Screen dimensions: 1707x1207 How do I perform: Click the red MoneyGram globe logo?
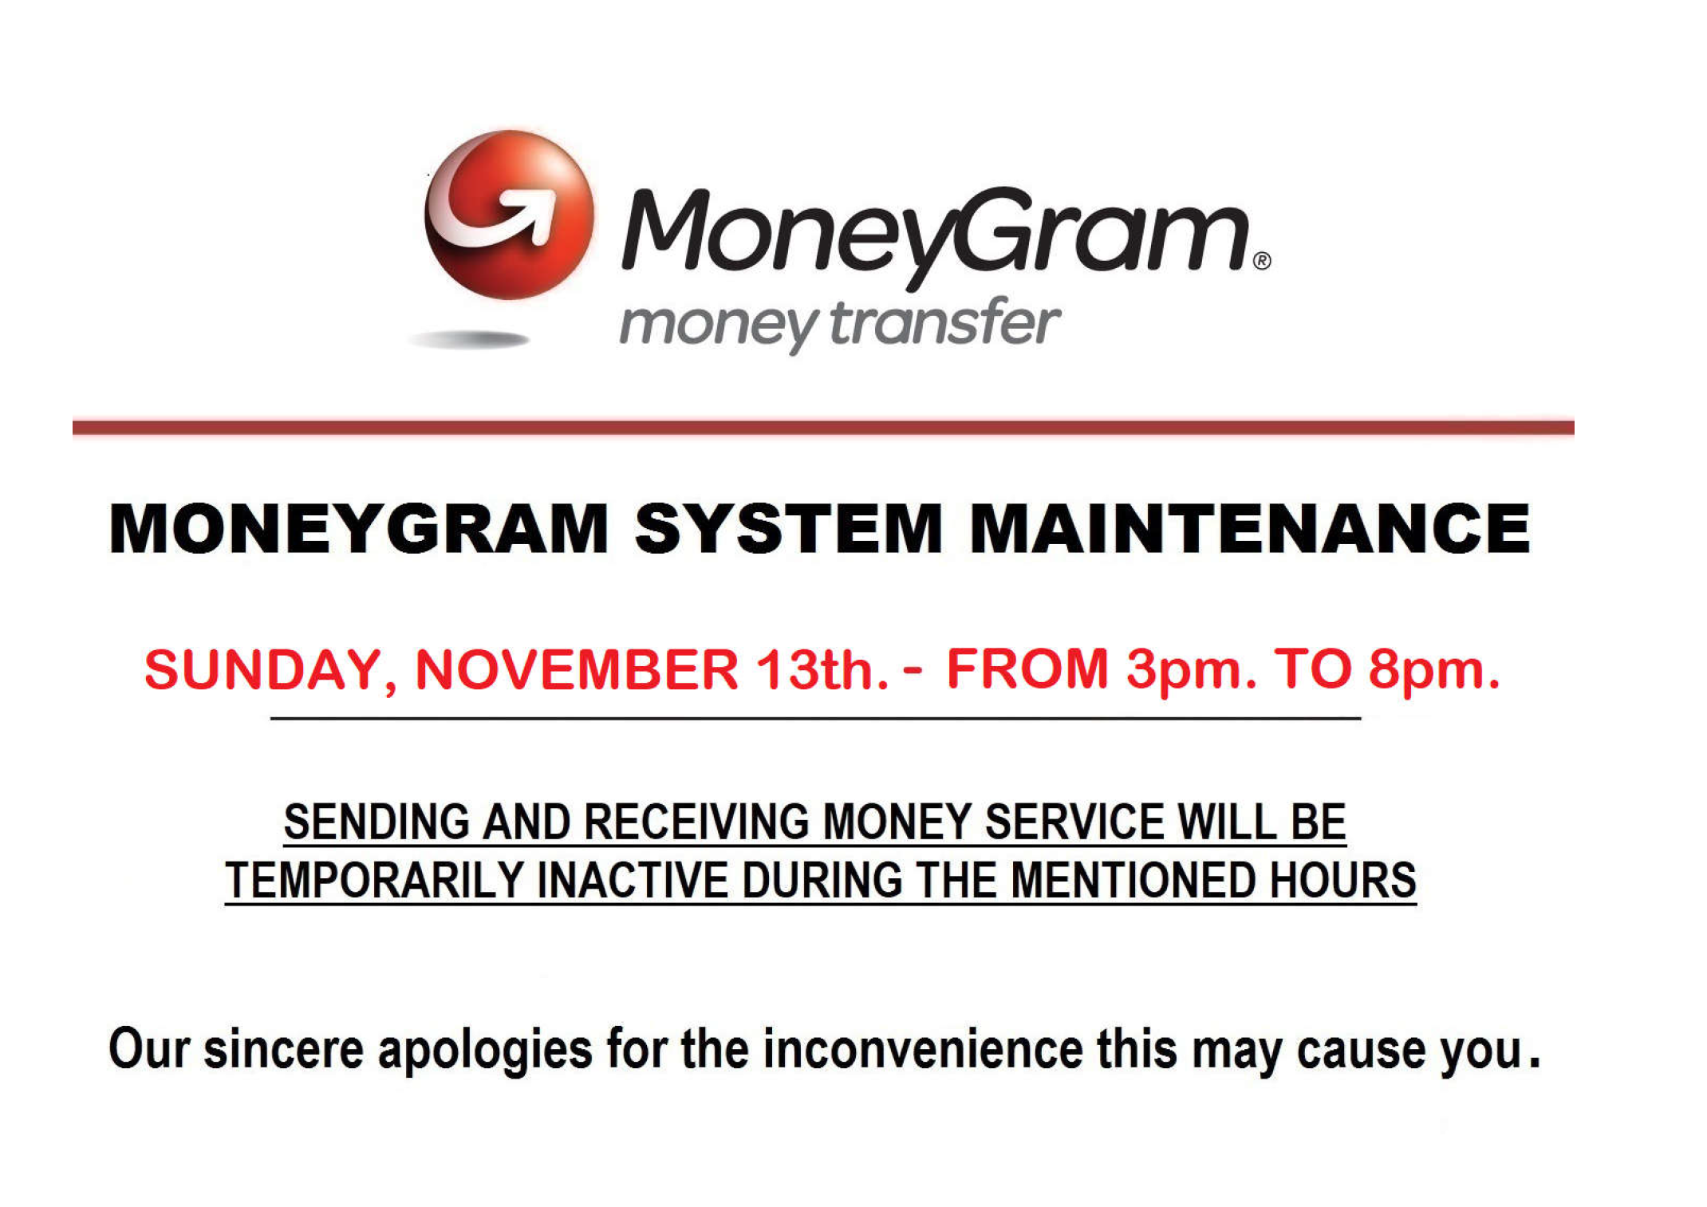tap(509, 215)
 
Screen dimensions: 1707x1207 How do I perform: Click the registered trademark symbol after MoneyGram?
tap(1262, 261)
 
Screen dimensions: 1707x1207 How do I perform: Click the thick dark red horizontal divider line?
tap(823, 428)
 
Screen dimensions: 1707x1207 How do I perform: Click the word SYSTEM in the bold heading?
tap(789, 528)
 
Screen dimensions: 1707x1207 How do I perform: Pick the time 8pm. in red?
tap(1434, 671)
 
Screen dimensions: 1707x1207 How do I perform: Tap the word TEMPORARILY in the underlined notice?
tap(374, 880)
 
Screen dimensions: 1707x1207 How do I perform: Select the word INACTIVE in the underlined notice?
tap(633, 880)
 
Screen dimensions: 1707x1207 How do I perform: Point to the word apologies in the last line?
tap(485, 1051)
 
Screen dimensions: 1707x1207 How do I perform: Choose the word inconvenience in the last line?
tap(923, 1049)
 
